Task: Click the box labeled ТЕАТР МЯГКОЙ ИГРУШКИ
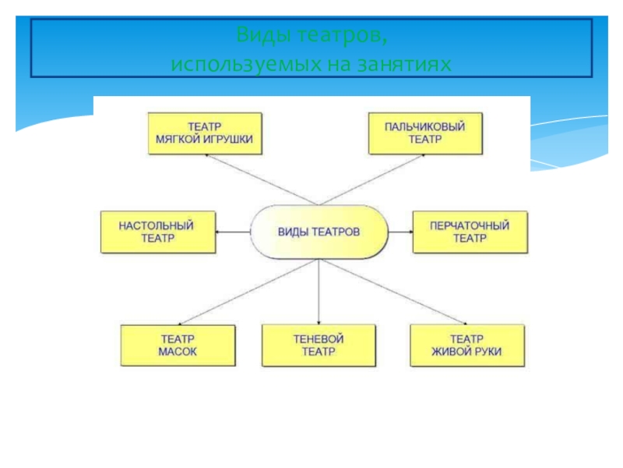204,133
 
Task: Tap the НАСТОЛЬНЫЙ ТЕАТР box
157,232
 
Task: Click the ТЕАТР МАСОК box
178,346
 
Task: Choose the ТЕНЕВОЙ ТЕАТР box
319,346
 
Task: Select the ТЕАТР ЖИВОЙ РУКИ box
466,346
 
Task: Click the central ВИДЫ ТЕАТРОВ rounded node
319,232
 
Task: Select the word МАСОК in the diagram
178,353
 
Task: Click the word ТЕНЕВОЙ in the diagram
319,339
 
